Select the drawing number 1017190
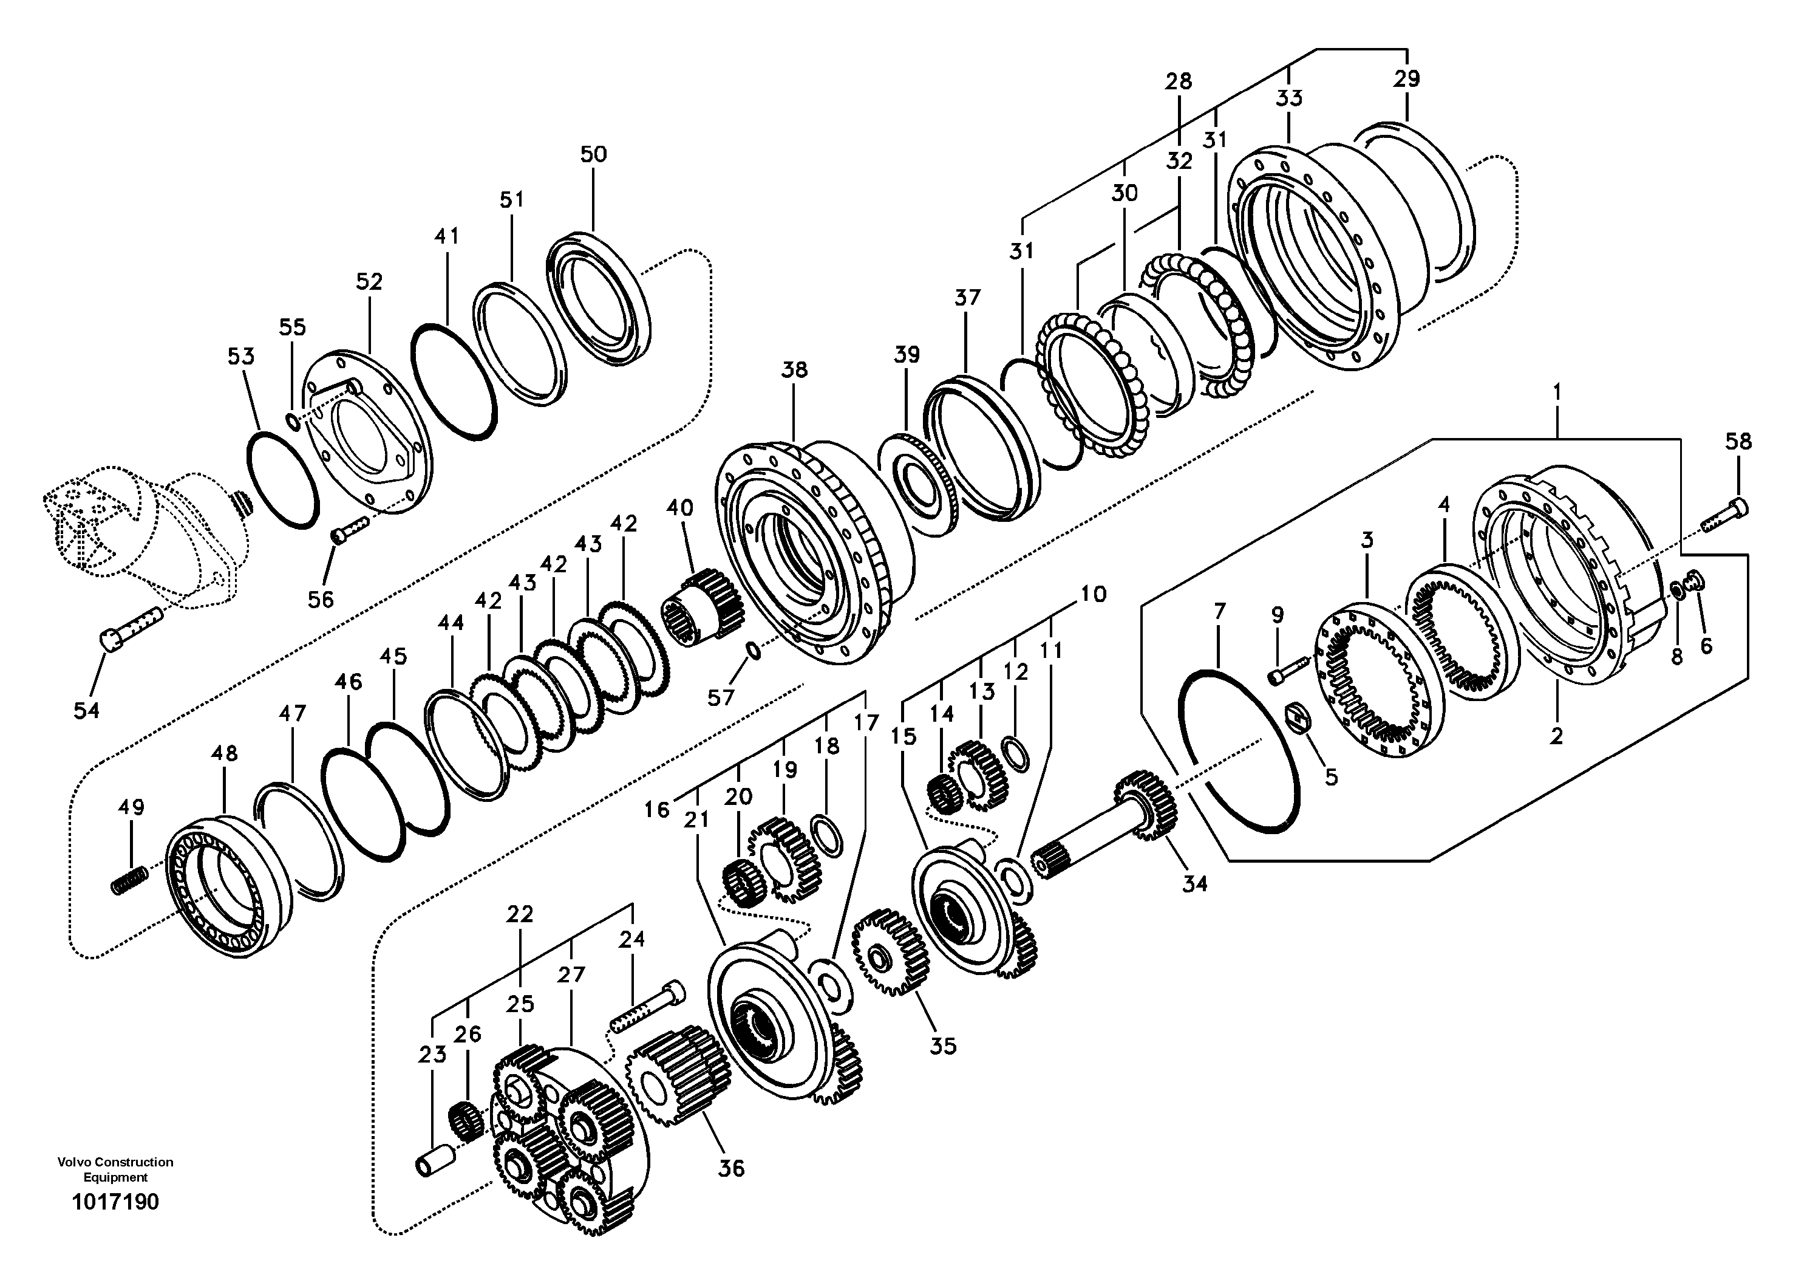115,1202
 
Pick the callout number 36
731,1168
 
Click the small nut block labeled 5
1299,718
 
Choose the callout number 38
794,369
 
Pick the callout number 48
224,753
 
